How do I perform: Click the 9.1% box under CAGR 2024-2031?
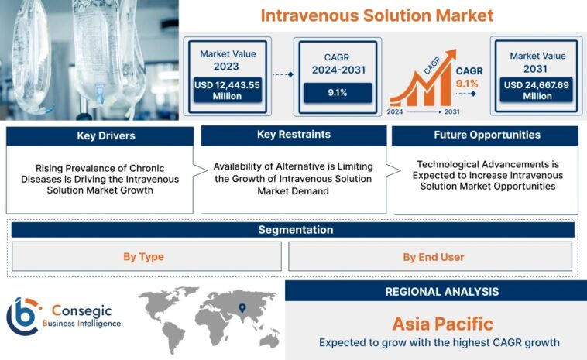(337, 92)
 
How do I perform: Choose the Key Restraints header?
(293, 135)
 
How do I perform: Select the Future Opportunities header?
(486, 135)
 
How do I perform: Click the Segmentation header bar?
(293, 230)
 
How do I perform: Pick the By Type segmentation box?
(143, 256)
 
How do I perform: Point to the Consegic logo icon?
(23, 316)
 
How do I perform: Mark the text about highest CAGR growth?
(439, 342)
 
